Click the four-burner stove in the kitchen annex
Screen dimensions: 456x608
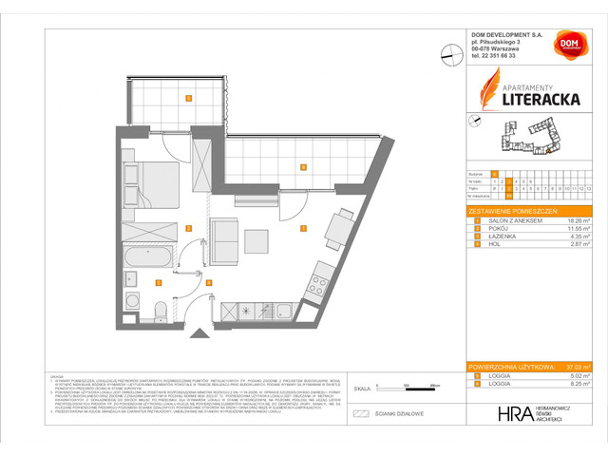pos(317,281)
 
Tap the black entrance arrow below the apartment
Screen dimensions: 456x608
pos(199,332)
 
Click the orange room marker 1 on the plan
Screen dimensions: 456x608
pos(303,228)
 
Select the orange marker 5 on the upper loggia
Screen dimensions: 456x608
pos(189,98)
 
